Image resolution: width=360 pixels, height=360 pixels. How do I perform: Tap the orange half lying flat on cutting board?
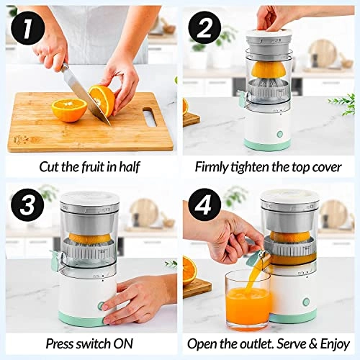tap(69, 109)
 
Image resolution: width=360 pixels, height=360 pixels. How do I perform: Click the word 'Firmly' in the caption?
tap(213, 166)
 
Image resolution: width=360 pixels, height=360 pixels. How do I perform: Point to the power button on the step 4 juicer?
tap(307, 302)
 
